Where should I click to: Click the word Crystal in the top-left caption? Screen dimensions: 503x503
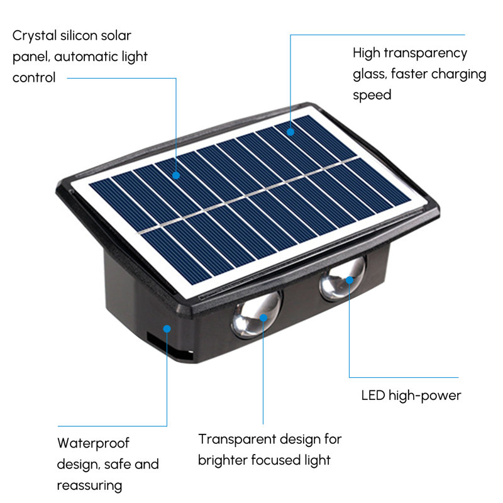35,36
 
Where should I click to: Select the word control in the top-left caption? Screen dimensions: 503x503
34,77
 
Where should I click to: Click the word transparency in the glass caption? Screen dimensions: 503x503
426,53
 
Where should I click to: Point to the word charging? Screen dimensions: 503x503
459,74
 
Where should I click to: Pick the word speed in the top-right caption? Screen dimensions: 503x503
372,96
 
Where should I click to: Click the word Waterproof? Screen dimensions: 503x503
93,444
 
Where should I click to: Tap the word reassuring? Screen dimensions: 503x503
89,485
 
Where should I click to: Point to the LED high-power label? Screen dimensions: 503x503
411,395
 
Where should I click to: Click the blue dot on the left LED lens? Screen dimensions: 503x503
263,318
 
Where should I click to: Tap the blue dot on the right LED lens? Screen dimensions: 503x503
350,280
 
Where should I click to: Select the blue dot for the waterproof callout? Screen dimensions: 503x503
167,329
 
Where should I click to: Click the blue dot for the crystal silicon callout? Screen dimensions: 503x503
176,175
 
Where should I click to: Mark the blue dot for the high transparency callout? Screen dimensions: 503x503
290,132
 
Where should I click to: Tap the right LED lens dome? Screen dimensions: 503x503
343,279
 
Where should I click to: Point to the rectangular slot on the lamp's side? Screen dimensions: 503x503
169,346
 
